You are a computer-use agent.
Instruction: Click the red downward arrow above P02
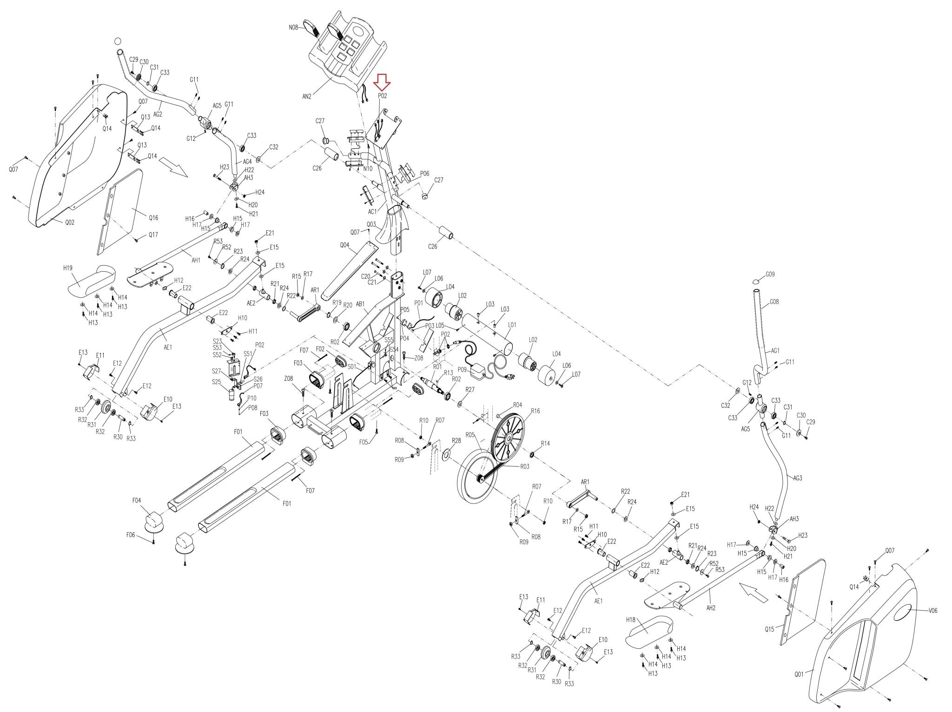click(x=383, y=82)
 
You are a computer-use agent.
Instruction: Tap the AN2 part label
click(x=306, y=97)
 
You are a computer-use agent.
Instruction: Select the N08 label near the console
click(x=293, y=27)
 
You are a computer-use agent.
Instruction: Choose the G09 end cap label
click(x=770, y=274)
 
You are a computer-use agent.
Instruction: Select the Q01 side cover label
click(x=799, y=672)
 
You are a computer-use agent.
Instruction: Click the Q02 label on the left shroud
click(x=69, y=222)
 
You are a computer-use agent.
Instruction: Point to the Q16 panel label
click(x=153, y=217)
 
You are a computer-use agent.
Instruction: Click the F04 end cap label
click(x=137, y=500)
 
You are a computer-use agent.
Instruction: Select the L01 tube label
click(x=511, y=326)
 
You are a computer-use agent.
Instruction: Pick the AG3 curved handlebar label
click(x=797, y=477)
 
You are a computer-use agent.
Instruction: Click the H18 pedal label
click(x=631, y=619)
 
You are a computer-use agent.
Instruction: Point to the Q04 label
click(x=344, y=245)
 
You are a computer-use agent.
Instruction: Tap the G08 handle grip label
click(x=774, y=302)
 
